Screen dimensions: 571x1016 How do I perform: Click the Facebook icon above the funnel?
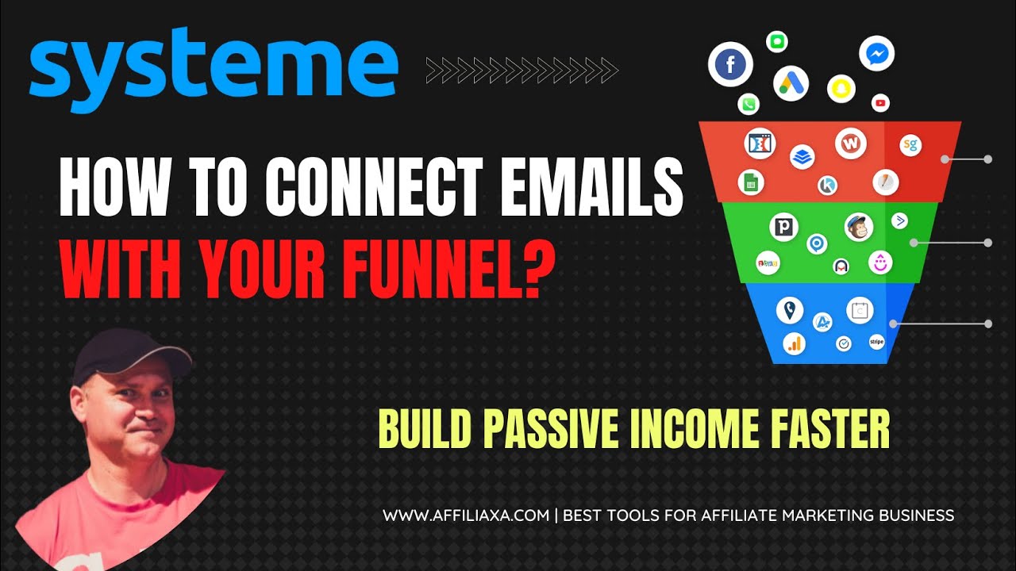coord(730,65)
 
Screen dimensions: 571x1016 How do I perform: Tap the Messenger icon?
coord(876,53)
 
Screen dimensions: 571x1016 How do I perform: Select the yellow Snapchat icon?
coord(841,89)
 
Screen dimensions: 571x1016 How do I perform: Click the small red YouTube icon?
coord(880,102)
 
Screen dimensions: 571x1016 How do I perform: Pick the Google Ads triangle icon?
coord(791,82)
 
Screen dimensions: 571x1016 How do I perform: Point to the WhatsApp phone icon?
coord(748,104)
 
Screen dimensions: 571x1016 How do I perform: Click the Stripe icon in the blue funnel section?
coord(876,342)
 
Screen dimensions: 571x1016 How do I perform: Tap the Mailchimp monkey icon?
coord(858,227)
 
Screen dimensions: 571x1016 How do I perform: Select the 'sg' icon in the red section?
coord(910,145)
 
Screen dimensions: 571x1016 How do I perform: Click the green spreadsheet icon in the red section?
coord(749,182)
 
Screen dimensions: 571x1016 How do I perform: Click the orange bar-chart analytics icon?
coord(794,343)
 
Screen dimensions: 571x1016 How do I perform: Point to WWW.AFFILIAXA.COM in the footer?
coord(466,515)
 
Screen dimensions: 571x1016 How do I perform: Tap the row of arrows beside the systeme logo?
coord(521,70)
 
